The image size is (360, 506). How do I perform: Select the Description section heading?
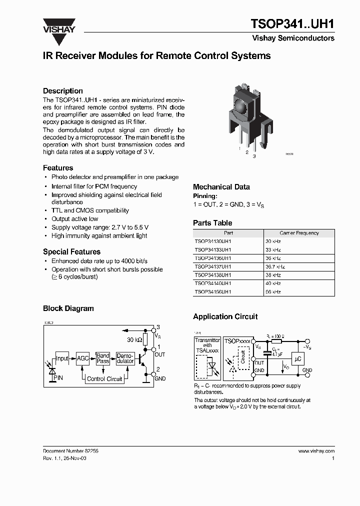(63, 91)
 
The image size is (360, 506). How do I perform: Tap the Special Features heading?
(71, 252)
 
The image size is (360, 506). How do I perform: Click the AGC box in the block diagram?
(82, 358)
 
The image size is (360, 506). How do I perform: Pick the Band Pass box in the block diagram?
(103, 358)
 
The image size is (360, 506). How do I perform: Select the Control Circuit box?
(104, 379)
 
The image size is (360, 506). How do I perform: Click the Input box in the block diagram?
(62, 358)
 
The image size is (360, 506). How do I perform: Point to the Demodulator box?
(125, 358)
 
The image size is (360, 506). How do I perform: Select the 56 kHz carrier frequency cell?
(273, 291)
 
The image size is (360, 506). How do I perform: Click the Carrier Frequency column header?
(299, 233)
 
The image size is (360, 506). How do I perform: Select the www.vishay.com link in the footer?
(316, 451)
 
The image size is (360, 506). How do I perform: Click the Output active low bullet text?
(75, 219)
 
